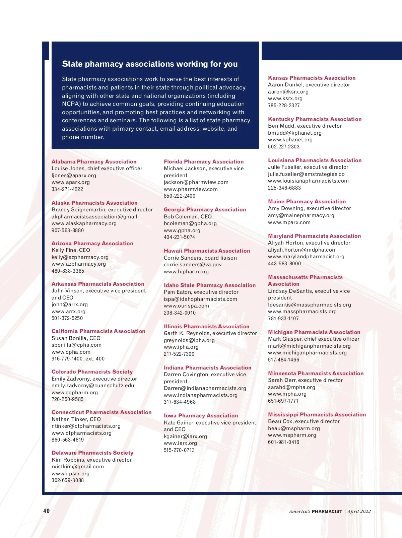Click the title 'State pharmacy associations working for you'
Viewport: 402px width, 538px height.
pyautogui.click(x=150, y=64)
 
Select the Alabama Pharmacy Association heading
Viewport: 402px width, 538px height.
pyautogui.click(x=94, y=161)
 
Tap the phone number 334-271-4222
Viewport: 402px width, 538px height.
pyautogui.click(x=67, y=189)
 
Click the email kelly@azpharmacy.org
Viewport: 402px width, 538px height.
pyautogui.click(x=80, y=257)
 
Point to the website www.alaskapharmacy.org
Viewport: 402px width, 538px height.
pyautogui.click(x=84, y=223)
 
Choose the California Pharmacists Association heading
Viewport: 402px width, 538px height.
pyautogui.click(x=98, y=331)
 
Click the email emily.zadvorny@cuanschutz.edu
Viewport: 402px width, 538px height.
pyautogui.click(x=93, y=386)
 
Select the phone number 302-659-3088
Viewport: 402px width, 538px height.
pyautogui.click(x=68, y=480)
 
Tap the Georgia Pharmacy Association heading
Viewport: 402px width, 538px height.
pyautogui.click(x=205, y=210)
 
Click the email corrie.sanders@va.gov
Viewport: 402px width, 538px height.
pyautogui.click(x=193, y=265)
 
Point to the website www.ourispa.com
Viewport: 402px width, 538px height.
pyautogui.click(x=186, y=306)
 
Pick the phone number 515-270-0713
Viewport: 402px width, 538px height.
pyautogui.click(x=179, y=450)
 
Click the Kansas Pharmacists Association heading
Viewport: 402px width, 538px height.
pyautogui.click(x=312, y=78)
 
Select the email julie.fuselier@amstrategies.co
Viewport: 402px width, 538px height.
pyautogui.click(x=306, y=174)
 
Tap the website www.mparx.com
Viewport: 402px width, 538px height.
pyautogui.click(x=289, y=222)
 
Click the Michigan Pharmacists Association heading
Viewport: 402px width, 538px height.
pyautogui.click(x=314, y=332)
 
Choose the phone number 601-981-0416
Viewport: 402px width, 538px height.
pyautogui.click(x=283, y=442)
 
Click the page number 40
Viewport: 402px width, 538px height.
pyautogui.click(x=46, y=511)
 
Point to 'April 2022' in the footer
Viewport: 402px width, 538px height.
pyautogui.click(x=359, y=511)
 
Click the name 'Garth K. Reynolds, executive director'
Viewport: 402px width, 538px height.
pyautogui.click(x=210, y=333)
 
